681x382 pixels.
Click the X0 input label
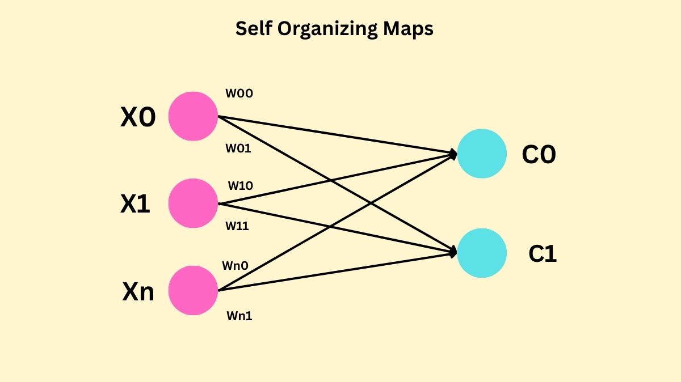tap(138, 118)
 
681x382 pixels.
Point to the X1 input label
tap(135, 205)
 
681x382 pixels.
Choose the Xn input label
tap(138, 292)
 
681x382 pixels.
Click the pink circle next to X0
tap(194, 116)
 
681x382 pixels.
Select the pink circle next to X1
tap(194, 203)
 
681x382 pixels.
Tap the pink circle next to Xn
tap(194, 290)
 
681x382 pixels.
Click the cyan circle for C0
tap(482, 154)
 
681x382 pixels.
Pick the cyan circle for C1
tap(482, 253)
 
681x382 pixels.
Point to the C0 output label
tap(539, 155)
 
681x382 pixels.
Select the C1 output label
tap(543, 254)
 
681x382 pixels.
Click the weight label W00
tap(239, 94)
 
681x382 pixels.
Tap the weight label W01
tap(238, 149)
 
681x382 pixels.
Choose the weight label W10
tap(241, 186)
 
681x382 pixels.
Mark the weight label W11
tap(237, 226)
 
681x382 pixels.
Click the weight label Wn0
tap(236, 265)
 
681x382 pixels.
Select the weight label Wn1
tap(239, 316)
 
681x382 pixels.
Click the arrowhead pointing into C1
tap(453, 252)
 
